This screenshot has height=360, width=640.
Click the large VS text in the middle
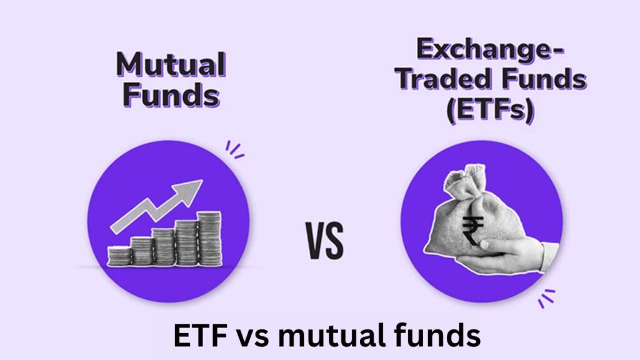click(325, 241)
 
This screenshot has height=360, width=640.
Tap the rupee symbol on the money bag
click(473, 228)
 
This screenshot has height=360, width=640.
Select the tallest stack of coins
click(209, 238)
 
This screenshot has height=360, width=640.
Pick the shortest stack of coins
click(119, 256)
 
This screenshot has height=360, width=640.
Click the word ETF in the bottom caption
click(198, 337)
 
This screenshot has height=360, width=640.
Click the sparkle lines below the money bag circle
click(546, 297)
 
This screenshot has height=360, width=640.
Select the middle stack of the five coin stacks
click(163, 247)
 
